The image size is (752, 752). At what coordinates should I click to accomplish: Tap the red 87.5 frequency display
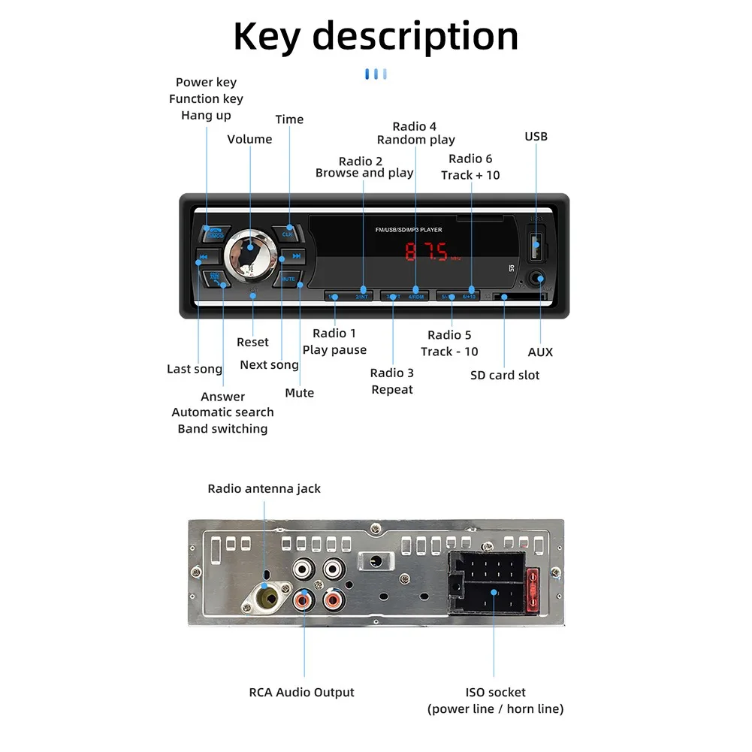[x=427, y=251]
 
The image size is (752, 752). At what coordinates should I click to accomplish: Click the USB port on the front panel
[x=536, y=244]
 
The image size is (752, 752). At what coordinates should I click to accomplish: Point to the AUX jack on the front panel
[x=536, y=279]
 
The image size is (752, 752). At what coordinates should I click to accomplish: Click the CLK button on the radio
[x=287, y=233]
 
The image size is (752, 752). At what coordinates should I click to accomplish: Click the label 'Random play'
[x=416, y=140]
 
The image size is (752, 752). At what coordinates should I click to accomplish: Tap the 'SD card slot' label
[x=505, y=375]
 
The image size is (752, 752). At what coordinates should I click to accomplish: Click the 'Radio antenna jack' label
[x=264, y=488]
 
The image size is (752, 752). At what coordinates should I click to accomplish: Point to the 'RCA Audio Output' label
[x=301, y=692]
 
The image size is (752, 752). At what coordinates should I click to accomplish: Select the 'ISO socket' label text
[x=495, y=692]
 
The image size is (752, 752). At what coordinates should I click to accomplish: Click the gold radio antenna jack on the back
[x=266, y=599]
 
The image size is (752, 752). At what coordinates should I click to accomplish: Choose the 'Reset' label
[x=252, y=342]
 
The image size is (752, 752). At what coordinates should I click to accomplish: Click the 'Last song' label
[x=195, y=369]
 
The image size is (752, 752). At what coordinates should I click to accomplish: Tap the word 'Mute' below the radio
[x=299, y=393]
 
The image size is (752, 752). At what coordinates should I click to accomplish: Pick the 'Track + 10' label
[x=470, y=175]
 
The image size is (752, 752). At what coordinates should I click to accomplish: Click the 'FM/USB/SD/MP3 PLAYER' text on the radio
[x=409, y=230]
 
